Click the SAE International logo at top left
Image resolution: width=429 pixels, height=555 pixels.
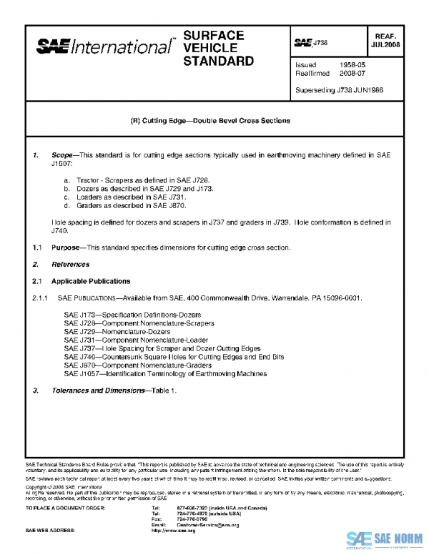point(104,47)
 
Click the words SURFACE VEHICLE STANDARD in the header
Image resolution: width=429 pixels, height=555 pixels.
point(218,48)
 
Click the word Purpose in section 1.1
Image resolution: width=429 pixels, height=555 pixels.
point(65,247)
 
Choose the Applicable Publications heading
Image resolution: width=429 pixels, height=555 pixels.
point(91,281)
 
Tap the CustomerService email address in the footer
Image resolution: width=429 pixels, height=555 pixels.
point(208,525)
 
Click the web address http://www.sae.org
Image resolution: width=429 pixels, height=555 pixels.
point(174,531)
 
